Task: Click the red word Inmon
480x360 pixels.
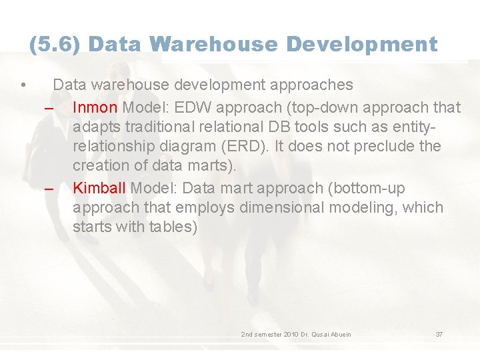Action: (x=95, y=107)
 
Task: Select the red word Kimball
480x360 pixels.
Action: (x=99, y=188)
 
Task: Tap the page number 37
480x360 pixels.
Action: (x=439, y=334)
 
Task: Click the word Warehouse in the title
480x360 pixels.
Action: (x=213, y=45)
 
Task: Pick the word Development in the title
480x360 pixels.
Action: (x=362, y=45)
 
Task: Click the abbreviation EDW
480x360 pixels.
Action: (x=196, y=107)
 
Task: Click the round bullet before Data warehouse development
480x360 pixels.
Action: (x=23, y=85)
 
